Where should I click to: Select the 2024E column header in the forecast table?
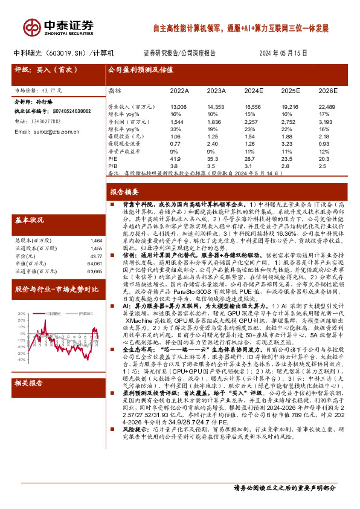254,91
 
